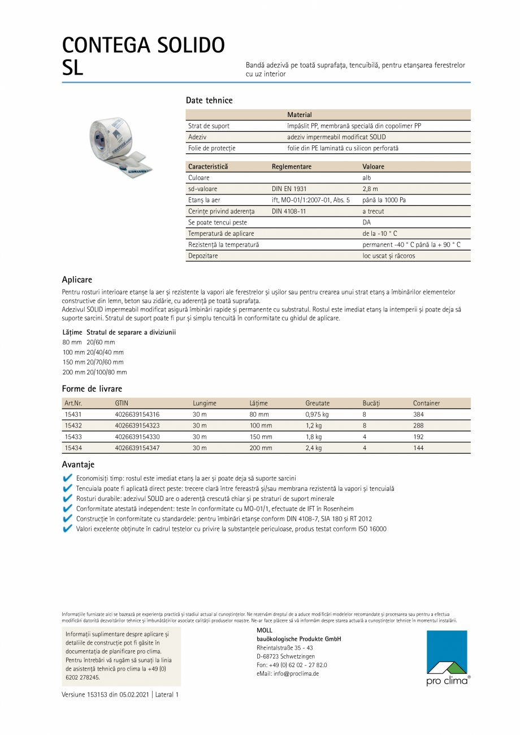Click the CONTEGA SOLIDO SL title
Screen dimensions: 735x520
click(143, 55)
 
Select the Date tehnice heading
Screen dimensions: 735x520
click(209, 100)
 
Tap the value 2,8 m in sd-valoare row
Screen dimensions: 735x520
click(370, 189)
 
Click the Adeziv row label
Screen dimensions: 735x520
click(197, 137)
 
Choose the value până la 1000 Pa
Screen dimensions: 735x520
click(384, 200)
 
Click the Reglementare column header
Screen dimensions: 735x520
click(291, 167)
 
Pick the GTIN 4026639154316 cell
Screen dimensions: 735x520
click(137, 414)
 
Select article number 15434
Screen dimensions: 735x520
click(73, 448)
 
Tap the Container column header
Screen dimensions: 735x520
click(426, 403)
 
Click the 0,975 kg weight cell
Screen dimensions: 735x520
click(317, 414)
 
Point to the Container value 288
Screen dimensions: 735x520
click(418, 425)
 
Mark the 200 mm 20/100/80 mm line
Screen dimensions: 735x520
click(94, 373)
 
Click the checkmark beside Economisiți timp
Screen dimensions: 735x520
click(67, 478)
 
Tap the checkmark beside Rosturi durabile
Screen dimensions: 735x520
click(67, 499)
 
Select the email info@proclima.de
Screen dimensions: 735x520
click(288, 674)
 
